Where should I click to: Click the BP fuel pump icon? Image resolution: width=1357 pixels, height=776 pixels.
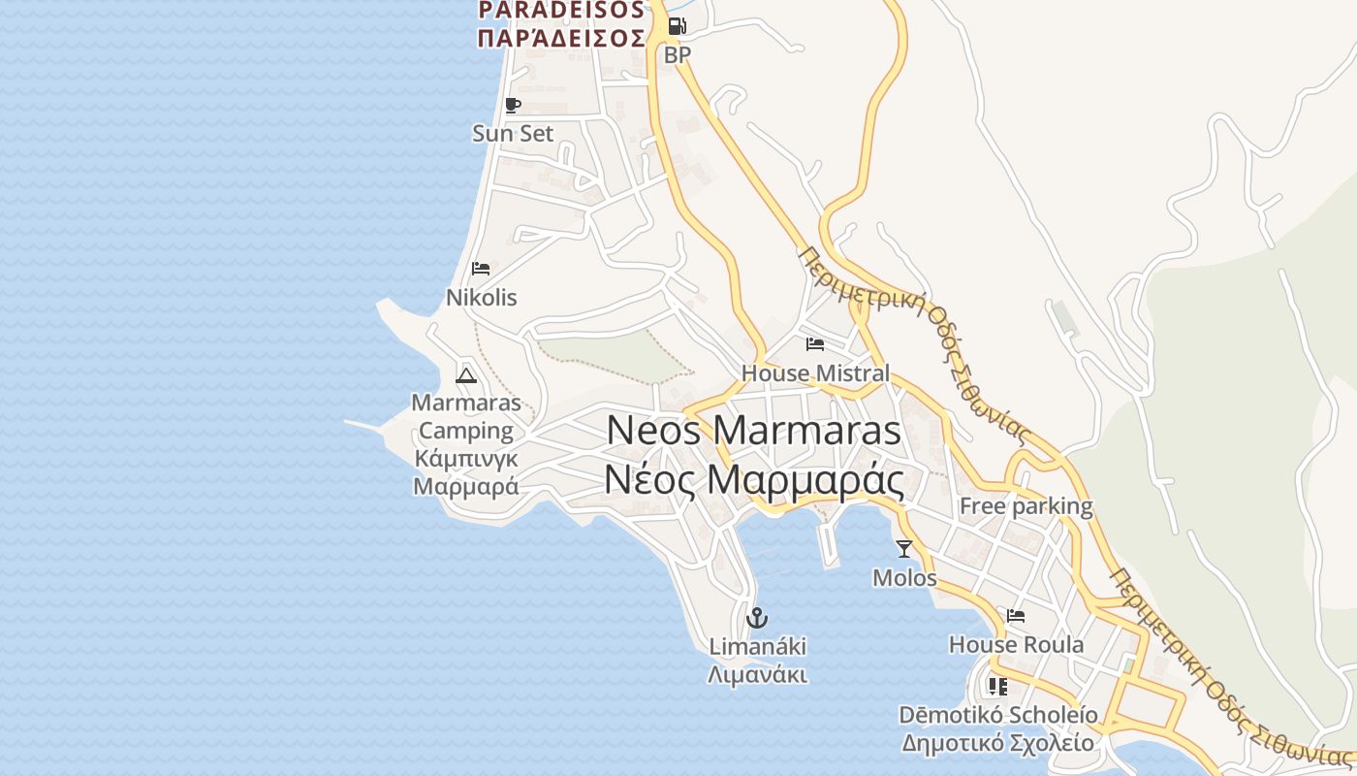677,26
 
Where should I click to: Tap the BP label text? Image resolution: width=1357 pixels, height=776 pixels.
678,55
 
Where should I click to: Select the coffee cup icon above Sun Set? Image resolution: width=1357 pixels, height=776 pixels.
513,105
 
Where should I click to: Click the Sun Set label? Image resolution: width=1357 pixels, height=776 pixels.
513,133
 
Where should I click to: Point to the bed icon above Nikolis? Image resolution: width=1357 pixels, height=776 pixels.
481,269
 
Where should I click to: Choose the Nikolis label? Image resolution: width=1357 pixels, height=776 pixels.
481,298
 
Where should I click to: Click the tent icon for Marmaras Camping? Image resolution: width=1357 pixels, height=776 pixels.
466,374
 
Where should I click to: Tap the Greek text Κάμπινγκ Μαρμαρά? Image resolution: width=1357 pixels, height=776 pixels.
466,471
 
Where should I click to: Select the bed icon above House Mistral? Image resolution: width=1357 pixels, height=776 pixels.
815,344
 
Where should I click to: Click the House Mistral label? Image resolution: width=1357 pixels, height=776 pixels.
815,373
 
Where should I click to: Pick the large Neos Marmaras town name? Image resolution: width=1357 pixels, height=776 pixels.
754,431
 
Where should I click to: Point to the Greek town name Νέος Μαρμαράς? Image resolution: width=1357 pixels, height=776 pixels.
754,480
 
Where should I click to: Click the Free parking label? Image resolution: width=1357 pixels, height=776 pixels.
1026,505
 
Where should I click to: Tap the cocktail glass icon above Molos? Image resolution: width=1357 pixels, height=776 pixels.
904,549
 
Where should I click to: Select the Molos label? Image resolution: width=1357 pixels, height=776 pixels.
904,578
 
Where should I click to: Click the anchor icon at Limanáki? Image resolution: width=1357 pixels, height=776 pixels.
757,617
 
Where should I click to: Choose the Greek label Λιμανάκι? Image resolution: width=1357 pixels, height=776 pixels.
757,675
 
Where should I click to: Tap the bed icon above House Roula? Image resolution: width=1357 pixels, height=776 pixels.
1016,616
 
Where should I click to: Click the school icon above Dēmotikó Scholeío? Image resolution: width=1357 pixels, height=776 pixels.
997,687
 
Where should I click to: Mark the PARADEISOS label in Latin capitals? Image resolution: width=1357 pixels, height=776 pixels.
561,10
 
